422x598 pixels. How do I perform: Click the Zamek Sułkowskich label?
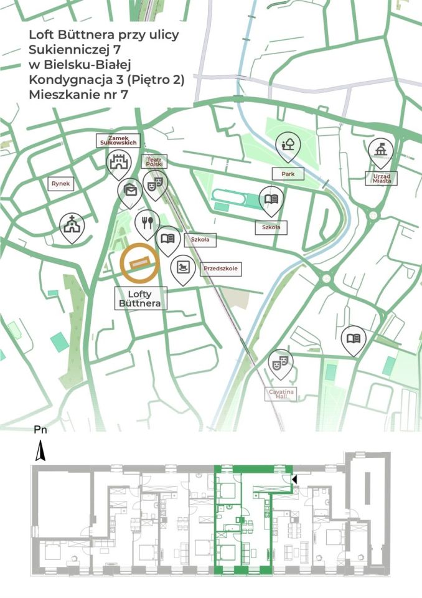pos(118,140)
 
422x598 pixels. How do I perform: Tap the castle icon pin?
pos(118,163)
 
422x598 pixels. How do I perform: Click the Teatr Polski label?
pos(154,161)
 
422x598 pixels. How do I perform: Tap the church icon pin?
pos(72,224)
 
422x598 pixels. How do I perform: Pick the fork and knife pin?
pos(147,222)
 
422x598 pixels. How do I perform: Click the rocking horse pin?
pos(182,267)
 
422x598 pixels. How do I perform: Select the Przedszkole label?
pos(221,269)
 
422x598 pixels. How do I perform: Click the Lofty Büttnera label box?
pos(140,298)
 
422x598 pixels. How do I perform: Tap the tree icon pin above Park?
pos(288,145)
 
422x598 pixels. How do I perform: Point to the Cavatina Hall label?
pos(282,393)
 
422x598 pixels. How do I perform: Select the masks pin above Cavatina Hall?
pos(281,361)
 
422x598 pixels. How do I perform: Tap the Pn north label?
pos(39,430)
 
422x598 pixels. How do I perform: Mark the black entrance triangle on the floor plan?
pos(295,478)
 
